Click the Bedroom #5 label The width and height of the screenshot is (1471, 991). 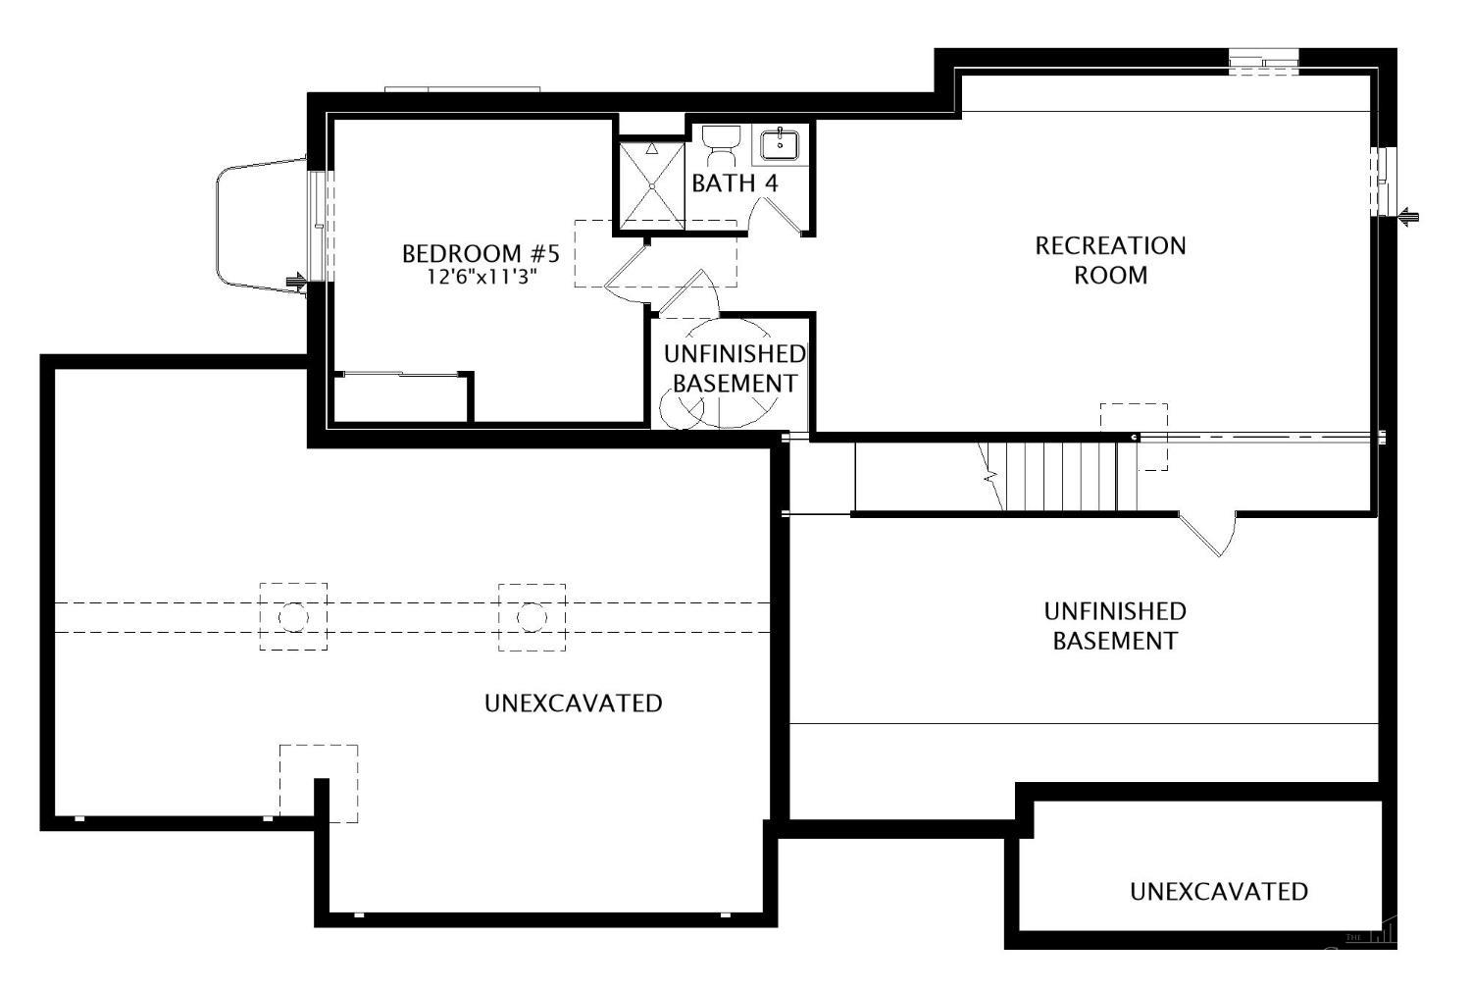481,254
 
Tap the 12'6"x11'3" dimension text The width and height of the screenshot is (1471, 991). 481,277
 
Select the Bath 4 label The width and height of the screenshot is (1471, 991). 735,183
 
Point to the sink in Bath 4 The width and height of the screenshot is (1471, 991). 779,144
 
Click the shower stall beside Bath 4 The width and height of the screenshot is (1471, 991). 650,185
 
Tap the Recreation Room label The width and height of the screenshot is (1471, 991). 1110,259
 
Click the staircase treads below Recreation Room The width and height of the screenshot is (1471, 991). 1069,476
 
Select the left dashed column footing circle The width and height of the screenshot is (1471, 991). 293,616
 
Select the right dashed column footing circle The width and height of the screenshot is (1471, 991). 532,616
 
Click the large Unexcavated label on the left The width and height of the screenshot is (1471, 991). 573,704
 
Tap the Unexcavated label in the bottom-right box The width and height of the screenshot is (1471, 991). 1218,891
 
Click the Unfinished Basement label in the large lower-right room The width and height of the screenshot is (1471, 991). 1115,626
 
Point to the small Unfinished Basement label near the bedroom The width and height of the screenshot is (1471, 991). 735,368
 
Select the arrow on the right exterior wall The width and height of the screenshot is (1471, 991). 1409,217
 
